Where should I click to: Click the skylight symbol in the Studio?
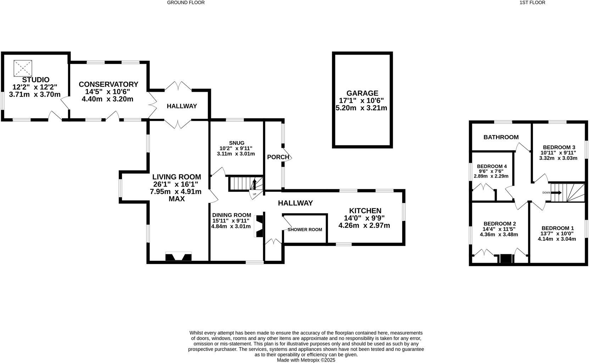pos(23,68)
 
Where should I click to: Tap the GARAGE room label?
pos(362,93)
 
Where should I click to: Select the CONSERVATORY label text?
pos(108,84)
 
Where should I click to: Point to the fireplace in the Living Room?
pos(178,256)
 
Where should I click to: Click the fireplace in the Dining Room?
pos(259,226)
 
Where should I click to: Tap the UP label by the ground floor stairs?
pos(255,194)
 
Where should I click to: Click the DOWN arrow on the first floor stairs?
pos(556,192)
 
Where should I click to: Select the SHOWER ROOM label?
pos(305,230)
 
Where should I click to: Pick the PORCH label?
pos(278,157)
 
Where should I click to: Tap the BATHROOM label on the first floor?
pos(501,137)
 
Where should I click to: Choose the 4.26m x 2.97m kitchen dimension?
pos(364,225)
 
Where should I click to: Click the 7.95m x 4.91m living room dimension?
pos(176,191)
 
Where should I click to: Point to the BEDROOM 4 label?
pos(492,167)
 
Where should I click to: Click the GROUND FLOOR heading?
pos(186,2)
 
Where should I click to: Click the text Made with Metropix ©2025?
pos(306,360)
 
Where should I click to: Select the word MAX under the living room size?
pos(177,199)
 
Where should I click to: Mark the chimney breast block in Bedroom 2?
pos(506,258)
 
